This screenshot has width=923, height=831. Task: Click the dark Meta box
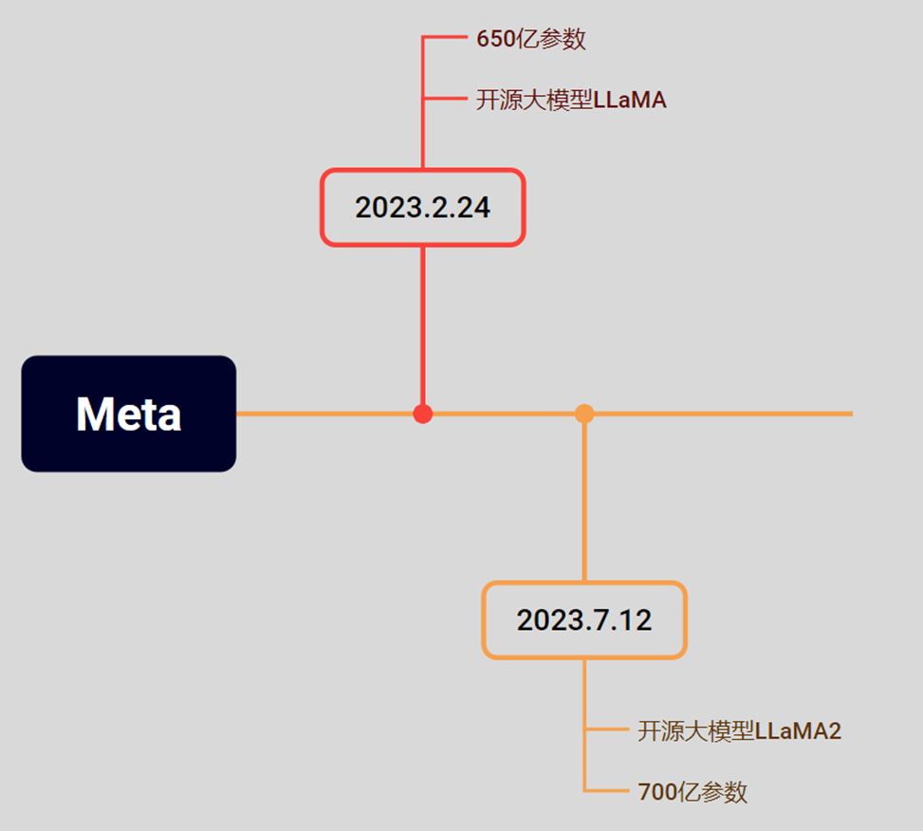(x=128, y=414)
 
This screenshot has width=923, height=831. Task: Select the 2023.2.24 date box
(x=422, y=208)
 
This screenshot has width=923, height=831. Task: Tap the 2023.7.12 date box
(x=584, y=620)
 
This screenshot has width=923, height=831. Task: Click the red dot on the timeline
(x=423, y=414)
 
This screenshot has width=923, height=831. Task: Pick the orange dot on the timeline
(x=584, y=414)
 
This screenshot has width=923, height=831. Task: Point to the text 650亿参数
(x=530, y=39)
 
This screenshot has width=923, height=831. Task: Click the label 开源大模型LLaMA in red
(x=571, y=100)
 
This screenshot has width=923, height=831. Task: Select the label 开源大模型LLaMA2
(x=739, y=730)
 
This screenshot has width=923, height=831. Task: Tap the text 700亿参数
(x=692, y=791)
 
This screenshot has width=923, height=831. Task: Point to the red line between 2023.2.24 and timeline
(x=423, y=323)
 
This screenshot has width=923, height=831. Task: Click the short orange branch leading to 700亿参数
(x=607, y=790)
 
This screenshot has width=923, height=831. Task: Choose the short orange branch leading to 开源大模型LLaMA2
(x=607, y=729)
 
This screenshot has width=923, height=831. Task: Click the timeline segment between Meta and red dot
(x=323, y=414)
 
